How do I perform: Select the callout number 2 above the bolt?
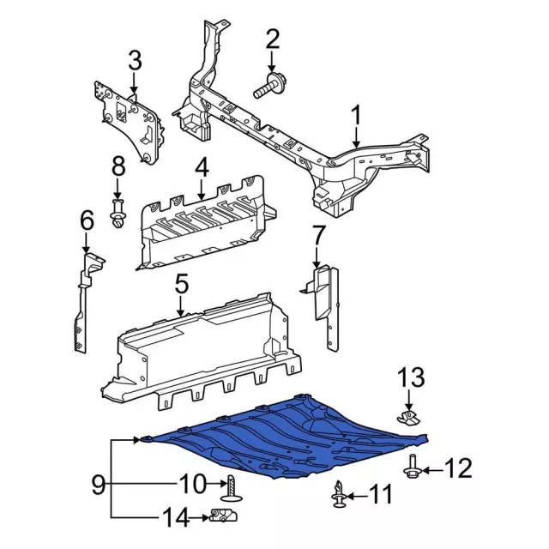pyautogui.click(x=273, y=39)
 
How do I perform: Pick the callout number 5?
pyautogui.click(x=181, y=282)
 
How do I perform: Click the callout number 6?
pyautogui.click(x=87, y=220)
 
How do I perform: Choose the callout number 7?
pyautogui.click(x=318, y=233)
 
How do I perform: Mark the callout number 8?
pyautogui.click(x=118, y=166)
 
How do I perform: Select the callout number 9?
pyautogui.click(x=99, y=485)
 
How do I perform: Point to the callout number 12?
pyautogui.click(x=460, y=469)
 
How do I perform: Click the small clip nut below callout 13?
pyautogui.click(x=409, y=419)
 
